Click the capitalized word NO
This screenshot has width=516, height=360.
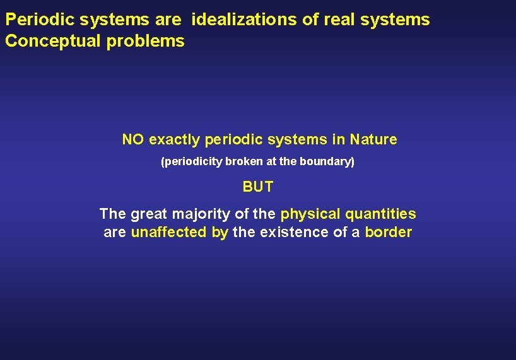pyautogui.click(x=132, y=139)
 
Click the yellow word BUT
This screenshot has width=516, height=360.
pyautogui.click(x=258, y=187)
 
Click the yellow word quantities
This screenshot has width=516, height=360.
pyautogui.click(x=381, y=214)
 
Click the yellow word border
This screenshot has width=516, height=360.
pyautogui.click(x=388, y=233)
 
